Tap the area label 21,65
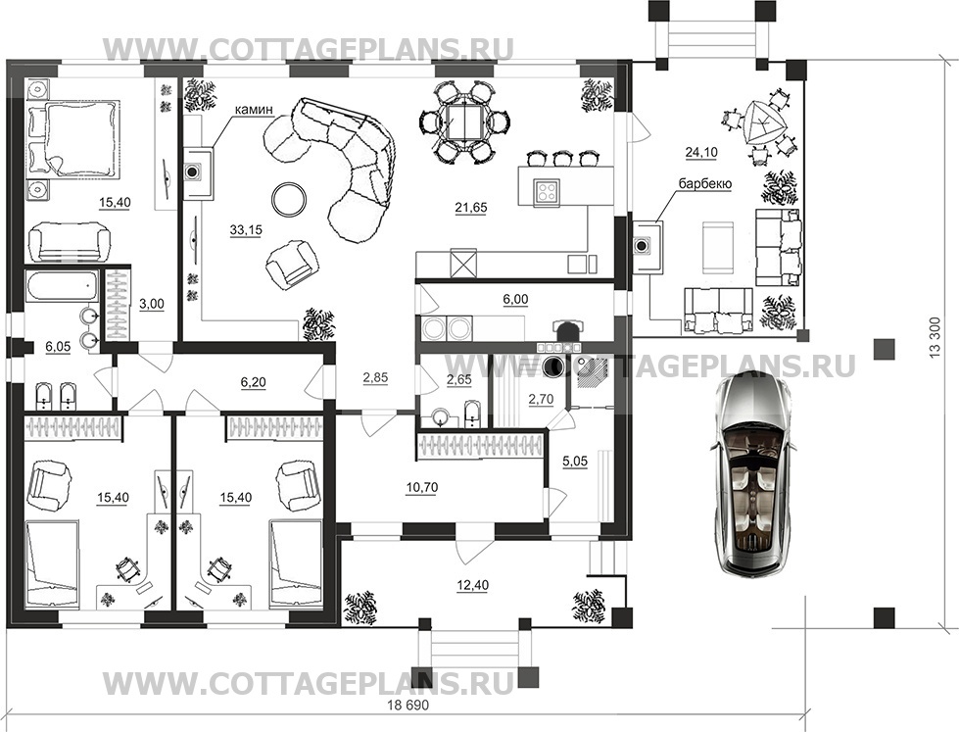click(471, 208)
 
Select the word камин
click(251, 110)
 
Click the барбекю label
click(704, 183)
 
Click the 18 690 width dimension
click(408, 705)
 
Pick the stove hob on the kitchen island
click(545, 191)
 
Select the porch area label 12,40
click(472, 585)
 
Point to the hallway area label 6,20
click(253, 382)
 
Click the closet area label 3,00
click(152, 304)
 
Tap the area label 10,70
click(421, 487)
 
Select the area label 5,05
click(574, 461)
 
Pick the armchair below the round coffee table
click(292, 262)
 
